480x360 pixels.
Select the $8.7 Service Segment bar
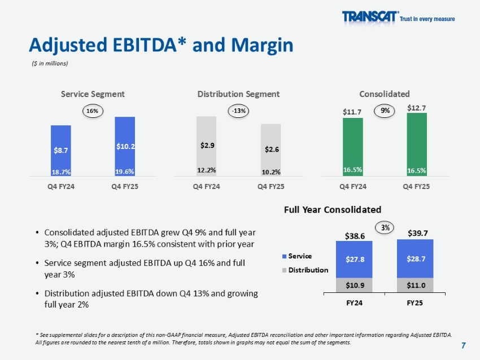pyautogui.click(x=60, y=151)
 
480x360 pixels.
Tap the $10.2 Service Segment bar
pyautogui.click(x=125, y=147)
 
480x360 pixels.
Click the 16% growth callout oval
pyautogui.click(x=92, y=111)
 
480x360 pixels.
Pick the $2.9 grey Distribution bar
pyautogui.click(x=207, y=146)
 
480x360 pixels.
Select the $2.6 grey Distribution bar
pyautogui.click(x=271, y=150)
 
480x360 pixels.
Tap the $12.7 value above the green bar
pyautogui.click(x=417, y=108)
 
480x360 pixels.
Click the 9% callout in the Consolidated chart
pyautogui.click(x=385, y=111)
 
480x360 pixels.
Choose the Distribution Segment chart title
pyautogui.click(x=239, y=94)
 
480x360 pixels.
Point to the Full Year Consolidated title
pyautogui.click(x=333, y=209)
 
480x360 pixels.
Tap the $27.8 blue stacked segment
pyautogui.click(x=355, y=260)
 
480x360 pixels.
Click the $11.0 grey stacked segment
pyautogui.click(x=415, y=286)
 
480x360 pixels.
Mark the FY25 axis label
pyautogui.click(x=415, y=302)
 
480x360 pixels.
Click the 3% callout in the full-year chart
pyautogui.click(x=386, y=227)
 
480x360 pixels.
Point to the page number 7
pyautogui.click(x=464, y=345)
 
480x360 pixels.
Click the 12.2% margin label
pyautogui.click(x=207, y=169)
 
